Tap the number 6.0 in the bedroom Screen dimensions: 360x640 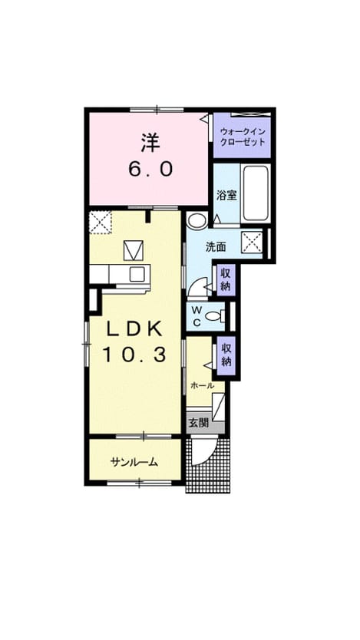(150, 169)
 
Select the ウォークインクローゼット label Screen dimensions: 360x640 (243, 137)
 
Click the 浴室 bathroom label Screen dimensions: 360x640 (227, 195)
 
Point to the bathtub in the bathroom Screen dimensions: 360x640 (256, 193)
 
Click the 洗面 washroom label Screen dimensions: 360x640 (216, 246)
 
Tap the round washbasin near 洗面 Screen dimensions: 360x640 (198, 220)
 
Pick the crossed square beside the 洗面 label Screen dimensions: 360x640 (252, 243)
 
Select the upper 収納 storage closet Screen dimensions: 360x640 (226, 279)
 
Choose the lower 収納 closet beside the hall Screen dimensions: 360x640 (226, 355)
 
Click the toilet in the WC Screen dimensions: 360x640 (216, 315)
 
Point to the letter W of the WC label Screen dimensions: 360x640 (197, 309)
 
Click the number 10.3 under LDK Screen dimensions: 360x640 (134, 355)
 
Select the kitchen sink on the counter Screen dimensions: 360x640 (137, 273)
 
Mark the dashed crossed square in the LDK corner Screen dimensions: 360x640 (101, 223)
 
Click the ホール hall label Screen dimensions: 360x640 (203, 385)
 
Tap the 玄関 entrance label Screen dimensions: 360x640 (198, 423)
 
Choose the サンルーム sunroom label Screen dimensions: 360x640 (134, 462)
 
